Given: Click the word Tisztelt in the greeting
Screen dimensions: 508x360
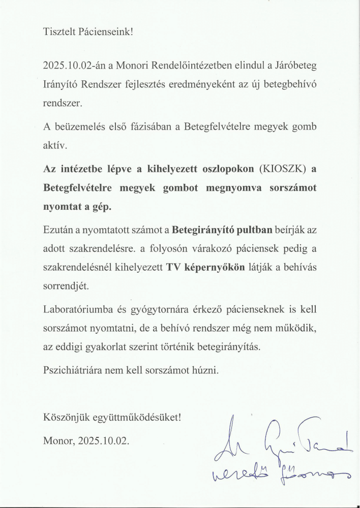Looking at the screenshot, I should (x=57, y=32).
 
